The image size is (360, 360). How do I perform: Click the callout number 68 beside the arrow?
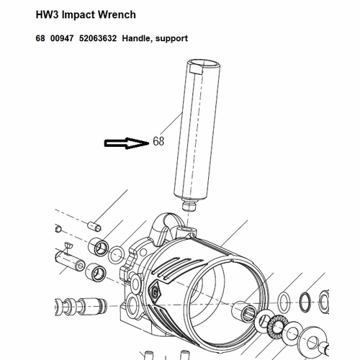pos(158,141)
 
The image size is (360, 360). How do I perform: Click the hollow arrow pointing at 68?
pos(126,143)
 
